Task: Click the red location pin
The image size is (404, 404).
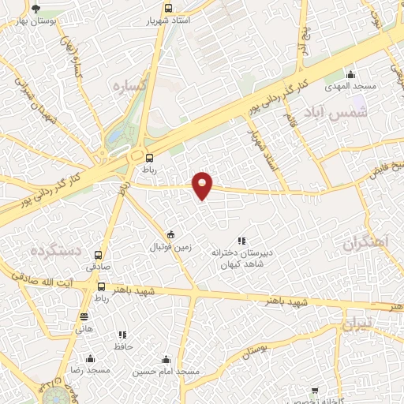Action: click(x=203, y=185)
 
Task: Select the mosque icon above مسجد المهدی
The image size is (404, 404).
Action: click(x=351, y=73)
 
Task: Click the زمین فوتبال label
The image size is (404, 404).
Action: click(x=171, y=247)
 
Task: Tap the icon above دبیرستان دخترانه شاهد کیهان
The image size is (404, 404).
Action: click(x=241, y=241)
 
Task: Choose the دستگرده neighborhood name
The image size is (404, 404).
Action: click(x=56, y=250)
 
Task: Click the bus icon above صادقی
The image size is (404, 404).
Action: click(x=99, y=255)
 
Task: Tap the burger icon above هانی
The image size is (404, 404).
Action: click(x=84, y=316)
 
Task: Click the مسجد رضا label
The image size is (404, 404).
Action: click(x=91, y=370)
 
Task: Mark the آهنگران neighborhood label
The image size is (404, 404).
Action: click(x=362, y=245)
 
